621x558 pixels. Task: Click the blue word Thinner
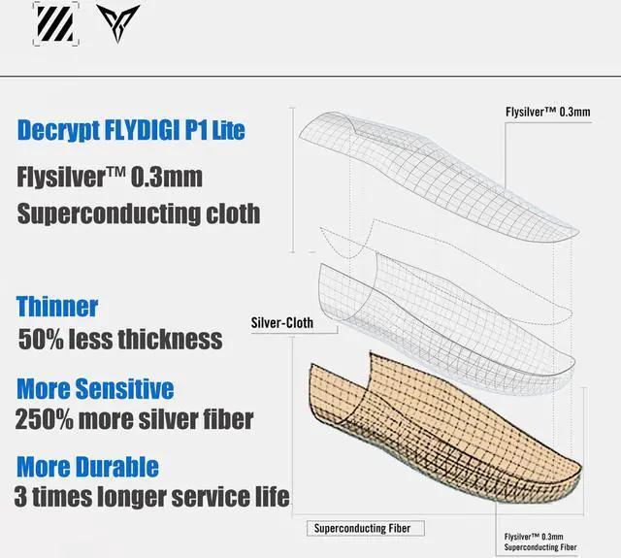coord(57,307)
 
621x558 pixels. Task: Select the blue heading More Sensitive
coord(95,389)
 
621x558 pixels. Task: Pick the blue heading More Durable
coord(87,467)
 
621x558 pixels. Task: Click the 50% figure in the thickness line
coord(42,340)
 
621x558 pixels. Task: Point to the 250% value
coord(44,420)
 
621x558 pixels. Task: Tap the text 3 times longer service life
coord(152,497)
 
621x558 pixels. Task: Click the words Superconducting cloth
coord(139,213)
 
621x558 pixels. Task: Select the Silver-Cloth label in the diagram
coord(281,322)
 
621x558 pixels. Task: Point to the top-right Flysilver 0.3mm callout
coord(547,112)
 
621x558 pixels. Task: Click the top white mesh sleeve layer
coord(437,175)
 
